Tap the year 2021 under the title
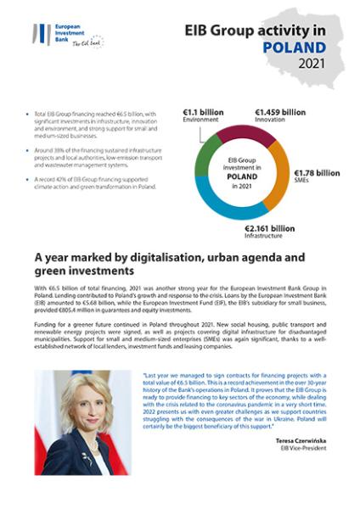311,64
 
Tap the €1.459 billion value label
280,111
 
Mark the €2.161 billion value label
270,228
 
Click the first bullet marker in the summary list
29,113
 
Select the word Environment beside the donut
201,120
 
